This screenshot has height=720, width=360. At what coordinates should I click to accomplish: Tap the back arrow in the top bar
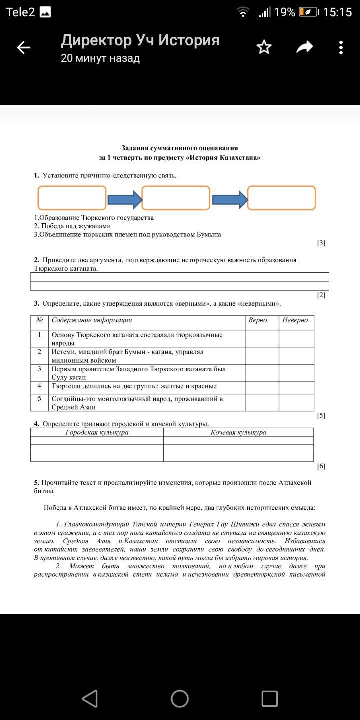pos(23,48)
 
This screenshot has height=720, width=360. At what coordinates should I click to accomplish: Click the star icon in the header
pos(264,47)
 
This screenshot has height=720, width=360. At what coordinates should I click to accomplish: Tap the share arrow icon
pos(304,47)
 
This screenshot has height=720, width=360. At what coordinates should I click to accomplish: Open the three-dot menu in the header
pos(341,48)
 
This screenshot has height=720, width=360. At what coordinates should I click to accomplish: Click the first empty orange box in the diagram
pos(72,198)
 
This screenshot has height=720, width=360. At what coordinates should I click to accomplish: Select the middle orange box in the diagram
pos(176,198)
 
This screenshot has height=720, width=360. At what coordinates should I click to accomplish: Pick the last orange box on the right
pos(282,198)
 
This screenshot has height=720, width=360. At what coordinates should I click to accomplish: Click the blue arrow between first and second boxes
pos(124,199)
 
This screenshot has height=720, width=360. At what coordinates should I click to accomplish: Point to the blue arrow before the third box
pos(229,199)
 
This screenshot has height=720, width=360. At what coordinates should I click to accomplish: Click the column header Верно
pos(258,320)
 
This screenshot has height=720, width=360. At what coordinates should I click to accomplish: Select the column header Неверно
pos(295,320)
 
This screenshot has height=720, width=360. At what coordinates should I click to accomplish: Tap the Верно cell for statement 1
pos(262,339)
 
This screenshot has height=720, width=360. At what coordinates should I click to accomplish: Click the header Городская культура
pos(97,433)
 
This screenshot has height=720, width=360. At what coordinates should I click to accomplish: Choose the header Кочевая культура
pos(238,433)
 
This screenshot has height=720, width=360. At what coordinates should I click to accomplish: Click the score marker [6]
pos(321,466)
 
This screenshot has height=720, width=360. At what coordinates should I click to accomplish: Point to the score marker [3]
pos(321,243)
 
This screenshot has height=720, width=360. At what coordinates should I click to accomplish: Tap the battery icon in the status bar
pos(308,12)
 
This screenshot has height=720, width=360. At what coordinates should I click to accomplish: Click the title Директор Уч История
pos(140,40)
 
